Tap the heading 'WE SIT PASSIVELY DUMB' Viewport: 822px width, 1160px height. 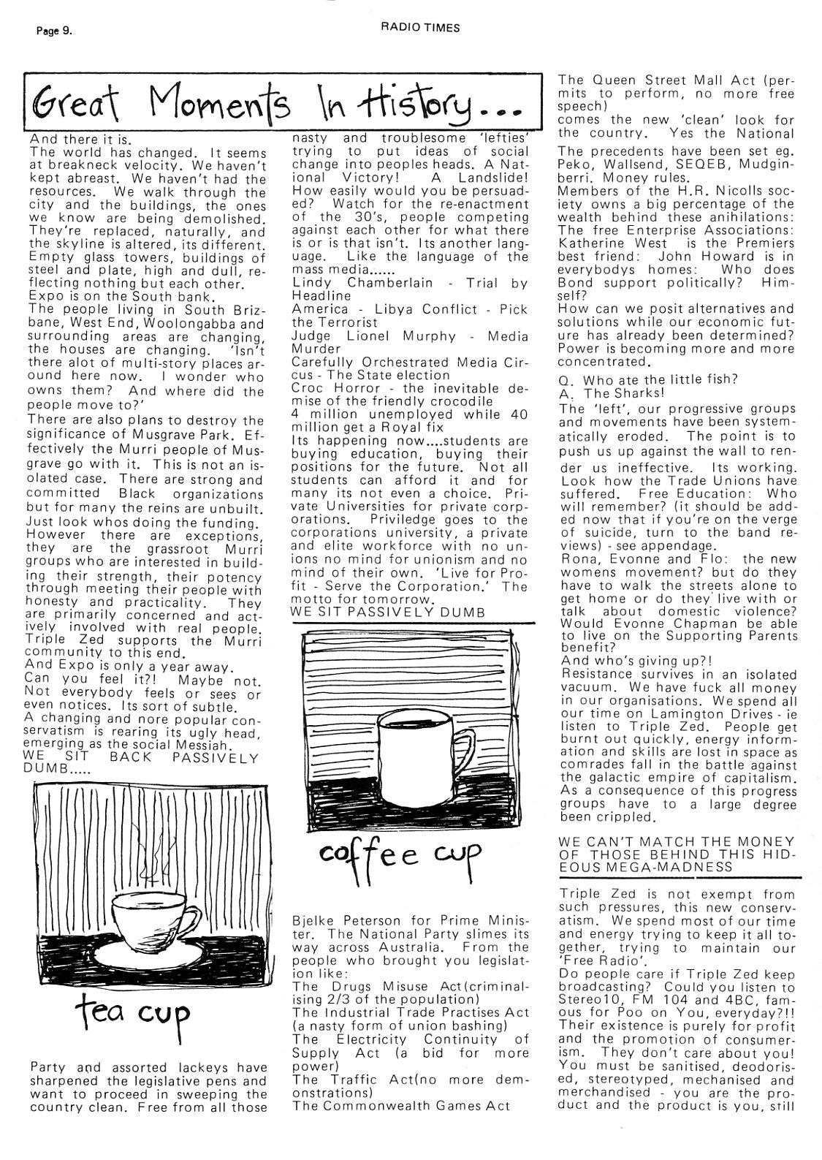point(388,612)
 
